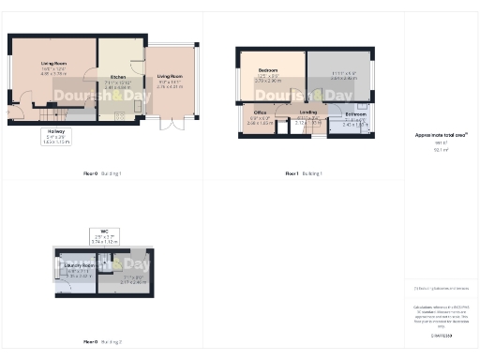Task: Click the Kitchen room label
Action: pos(119,80)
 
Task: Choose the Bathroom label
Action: pos(356,118)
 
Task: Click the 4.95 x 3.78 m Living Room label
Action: pos(53,67)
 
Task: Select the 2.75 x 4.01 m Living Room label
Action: pos(170,79)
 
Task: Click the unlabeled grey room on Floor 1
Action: pos(338,74)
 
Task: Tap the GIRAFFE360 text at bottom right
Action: pos(441,335)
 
